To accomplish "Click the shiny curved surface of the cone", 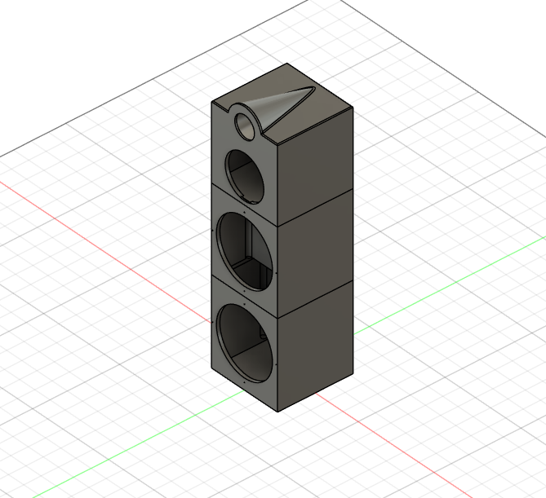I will click(282, 106).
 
